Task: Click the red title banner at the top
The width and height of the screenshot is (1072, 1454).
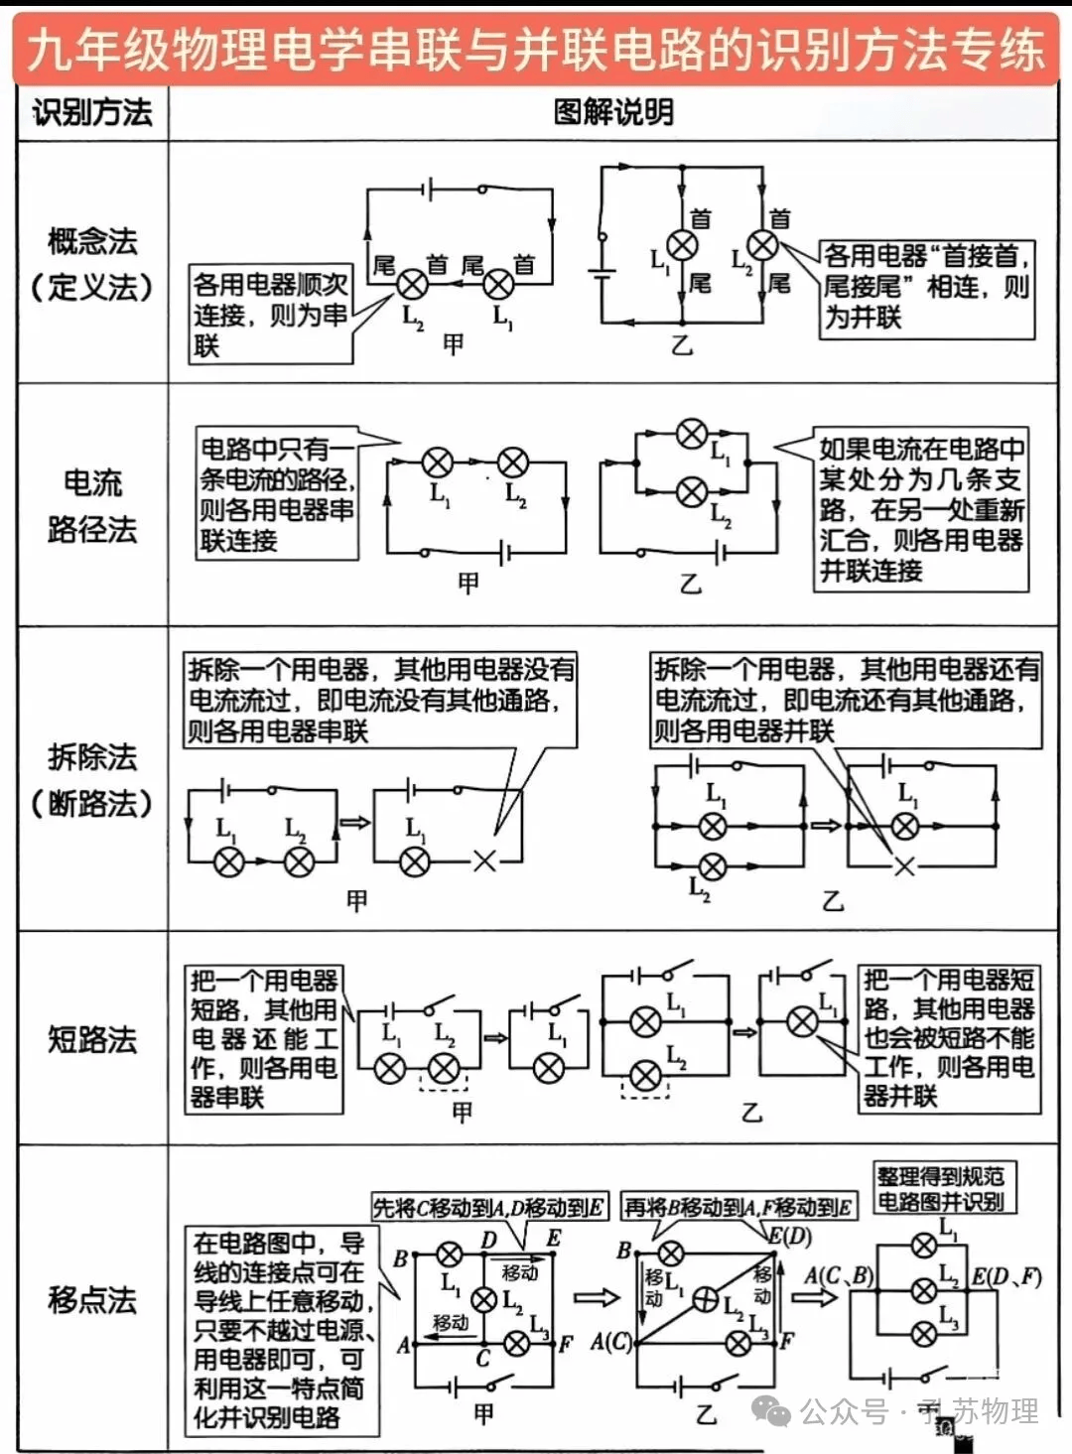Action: (536, 48)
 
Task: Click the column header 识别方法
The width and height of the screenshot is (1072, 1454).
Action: (92, 113)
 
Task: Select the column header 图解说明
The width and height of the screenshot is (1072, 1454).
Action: (613, 113)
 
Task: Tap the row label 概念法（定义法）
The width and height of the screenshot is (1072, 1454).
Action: (92, 263)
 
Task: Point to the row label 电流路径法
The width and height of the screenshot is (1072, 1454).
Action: (92, 505)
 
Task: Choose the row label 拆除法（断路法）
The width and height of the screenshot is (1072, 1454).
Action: (92, 780)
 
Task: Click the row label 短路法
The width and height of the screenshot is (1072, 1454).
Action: (92, 1039)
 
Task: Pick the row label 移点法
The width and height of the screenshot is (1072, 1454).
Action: (92, 1299)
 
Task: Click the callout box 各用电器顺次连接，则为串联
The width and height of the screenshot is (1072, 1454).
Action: (270, 315)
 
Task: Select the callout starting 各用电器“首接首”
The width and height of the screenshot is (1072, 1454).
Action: (926, 287)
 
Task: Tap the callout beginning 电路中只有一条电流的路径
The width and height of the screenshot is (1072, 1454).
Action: (277, 494)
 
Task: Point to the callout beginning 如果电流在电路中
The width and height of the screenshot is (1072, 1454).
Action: (920, 509)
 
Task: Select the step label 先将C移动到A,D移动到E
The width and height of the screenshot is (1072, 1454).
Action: (488, 1208)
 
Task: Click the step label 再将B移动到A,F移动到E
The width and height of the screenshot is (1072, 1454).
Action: (737, 1208)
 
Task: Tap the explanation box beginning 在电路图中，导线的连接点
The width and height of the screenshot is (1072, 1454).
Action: (281, 1330)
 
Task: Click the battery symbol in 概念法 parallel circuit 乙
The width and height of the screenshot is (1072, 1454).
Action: (602, 274)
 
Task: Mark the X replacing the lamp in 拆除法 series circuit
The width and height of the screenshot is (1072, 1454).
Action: (483, 860)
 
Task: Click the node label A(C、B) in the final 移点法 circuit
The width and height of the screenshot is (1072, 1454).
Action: (839, 1275)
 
